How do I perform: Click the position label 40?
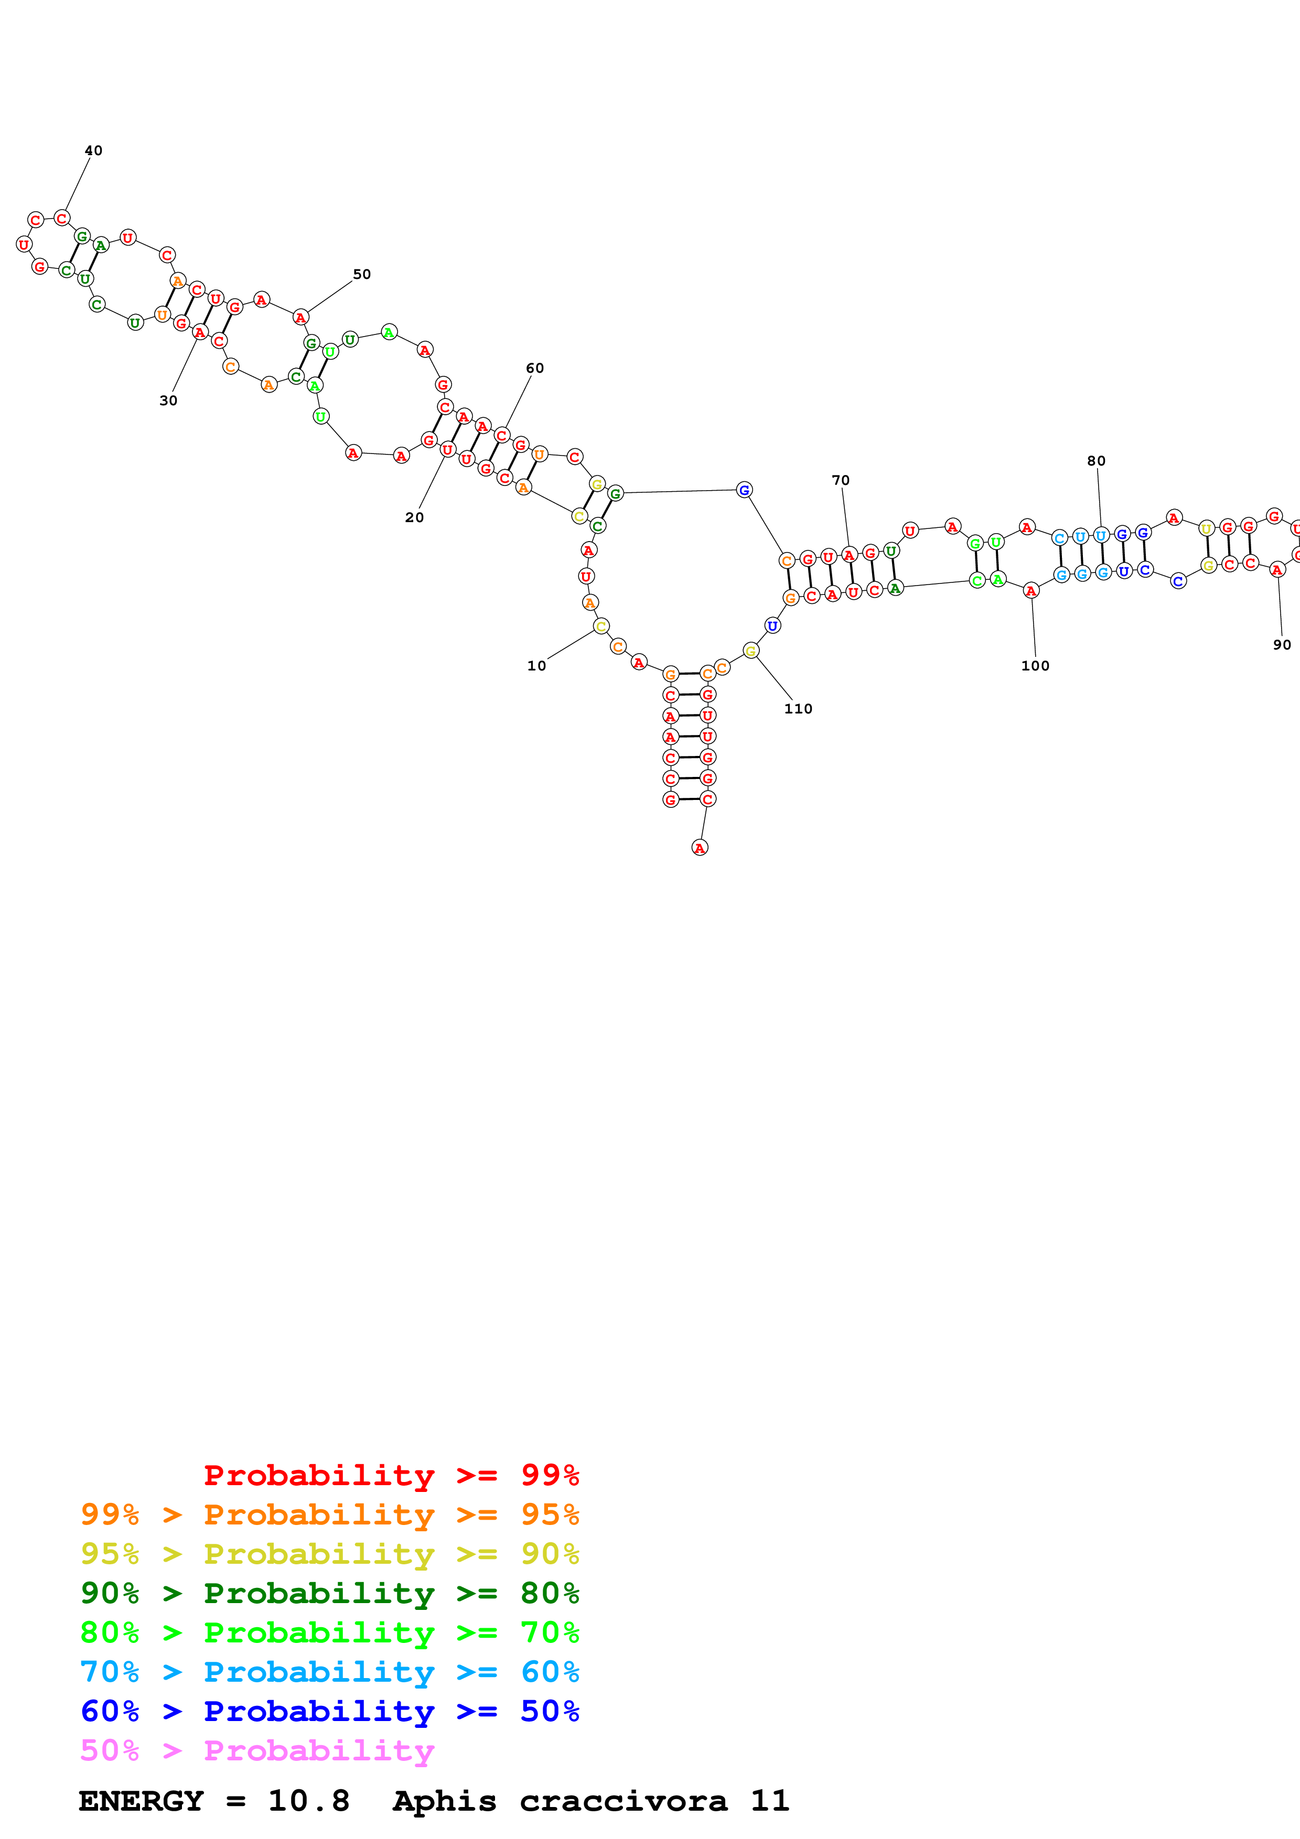point(94,150)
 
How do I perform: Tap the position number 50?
point(362,274)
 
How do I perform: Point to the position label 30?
point(168,401)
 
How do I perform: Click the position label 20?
point(414,517)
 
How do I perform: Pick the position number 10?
point(536,666)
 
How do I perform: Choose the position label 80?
point(1097,461)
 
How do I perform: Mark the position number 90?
point(1282,645)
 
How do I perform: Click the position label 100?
point(1035,666)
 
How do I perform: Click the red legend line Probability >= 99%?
point(391,1475)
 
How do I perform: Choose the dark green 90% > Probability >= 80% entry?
point(330,1593)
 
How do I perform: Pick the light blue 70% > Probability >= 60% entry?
point(330,1672)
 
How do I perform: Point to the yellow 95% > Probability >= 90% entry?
point(330,1554)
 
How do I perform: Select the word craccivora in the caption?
point(623,1801)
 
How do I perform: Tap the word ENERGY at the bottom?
point(141,1801)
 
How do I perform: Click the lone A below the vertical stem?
point(699,847)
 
